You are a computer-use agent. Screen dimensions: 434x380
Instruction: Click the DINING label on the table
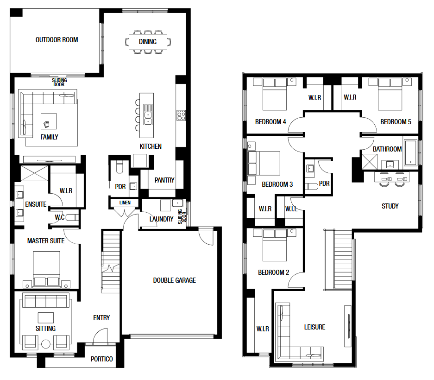(x=148, y=42)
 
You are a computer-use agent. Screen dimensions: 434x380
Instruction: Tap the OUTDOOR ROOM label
(x=57, y=40)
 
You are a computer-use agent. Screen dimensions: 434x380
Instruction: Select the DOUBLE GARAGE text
(x=174, y=280)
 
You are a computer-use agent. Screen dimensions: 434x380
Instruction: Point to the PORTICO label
(x=101, y=359)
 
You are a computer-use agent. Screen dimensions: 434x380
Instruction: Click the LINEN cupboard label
(x=125, y=203)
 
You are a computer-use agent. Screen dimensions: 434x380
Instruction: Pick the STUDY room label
(x=390, y=206)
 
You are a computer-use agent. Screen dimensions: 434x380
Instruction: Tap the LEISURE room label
(x=314, y=327)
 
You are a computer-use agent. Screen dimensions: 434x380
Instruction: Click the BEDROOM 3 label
(x=277, y=184)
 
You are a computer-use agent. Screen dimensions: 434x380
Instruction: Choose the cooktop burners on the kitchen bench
(x=181, y=115)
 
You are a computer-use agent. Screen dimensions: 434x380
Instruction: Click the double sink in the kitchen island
(x=148, y=118)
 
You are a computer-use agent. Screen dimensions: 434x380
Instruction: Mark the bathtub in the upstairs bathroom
(x=410, y=152)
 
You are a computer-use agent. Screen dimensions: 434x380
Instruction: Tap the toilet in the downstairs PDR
(x=120, y=167)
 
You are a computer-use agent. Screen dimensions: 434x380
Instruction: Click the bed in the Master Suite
(x=46, y=269)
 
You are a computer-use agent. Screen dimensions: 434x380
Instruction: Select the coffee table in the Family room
(x=49, y=121)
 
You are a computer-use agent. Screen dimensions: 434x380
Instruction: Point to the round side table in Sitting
(x=46, y=344)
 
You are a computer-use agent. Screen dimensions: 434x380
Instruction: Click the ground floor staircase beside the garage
(x=111, y=262)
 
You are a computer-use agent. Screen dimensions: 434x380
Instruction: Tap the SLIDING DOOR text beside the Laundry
(x=182, y=216)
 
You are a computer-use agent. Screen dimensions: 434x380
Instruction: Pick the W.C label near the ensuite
(x=59, y=217)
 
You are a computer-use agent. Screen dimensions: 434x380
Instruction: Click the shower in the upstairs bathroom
(x=370, y=162)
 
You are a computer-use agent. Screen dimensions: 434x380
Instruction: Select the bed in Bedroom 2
(x=275, y=245)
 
